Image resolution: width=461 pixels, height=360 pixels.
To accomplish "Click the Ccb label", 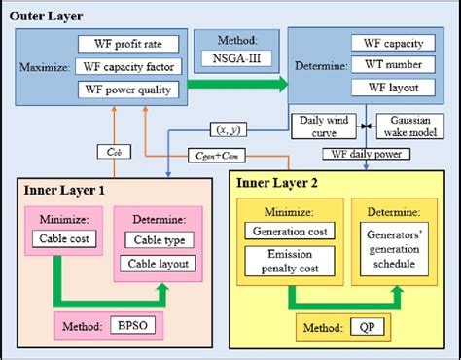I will click(x=109, y=152).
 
